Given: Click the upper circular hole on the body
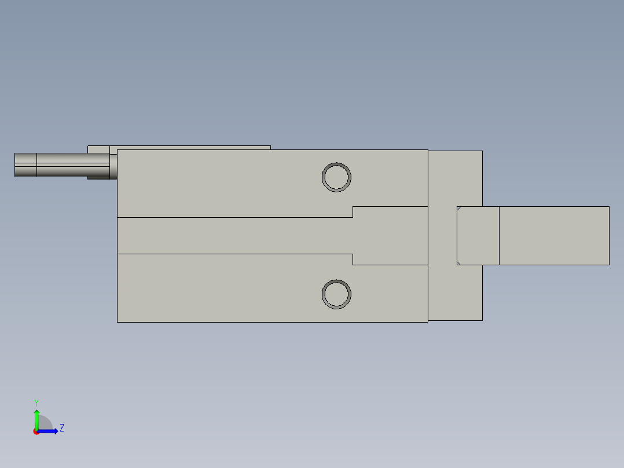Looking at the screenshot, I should [x=336, y=177].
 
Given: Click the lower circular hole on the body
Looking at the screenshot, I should [x=336, y=294].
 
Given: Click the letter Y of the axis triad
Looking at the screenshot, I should [x=36, y=402].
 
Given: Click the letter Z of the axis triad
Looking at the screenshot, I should [x=61, y=428].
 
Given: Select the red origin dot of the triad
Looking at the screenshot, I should [x=36, y=432].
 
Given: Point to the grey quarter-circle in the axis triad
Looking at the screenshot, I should [x=45, y=423].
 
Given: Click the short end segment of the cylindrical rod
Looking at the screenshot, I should [x=25, y=164].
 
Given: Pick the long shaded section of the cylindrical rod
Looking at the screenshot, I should [x=72, y=164].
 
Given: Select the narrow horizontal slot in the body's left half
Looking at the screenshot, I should [x=232, y=235].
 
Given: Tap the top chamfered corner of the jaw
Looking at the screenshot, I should [x=458, y=208].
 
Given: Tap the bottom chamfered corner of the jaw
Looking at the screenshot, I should [x=458, y=263].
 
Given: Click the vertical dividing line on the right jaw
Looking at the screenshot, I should [x=499, y=235].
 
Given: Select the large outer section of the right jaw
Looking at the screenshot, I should [x=553, y=235].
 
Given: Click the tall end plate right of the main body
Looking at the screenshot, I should [x=455, y=174].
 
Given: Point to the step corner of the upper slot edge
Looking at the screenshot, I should [x=353, y=217].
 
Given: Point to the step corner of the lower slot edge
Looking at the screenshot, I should [x=353, y=254].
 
